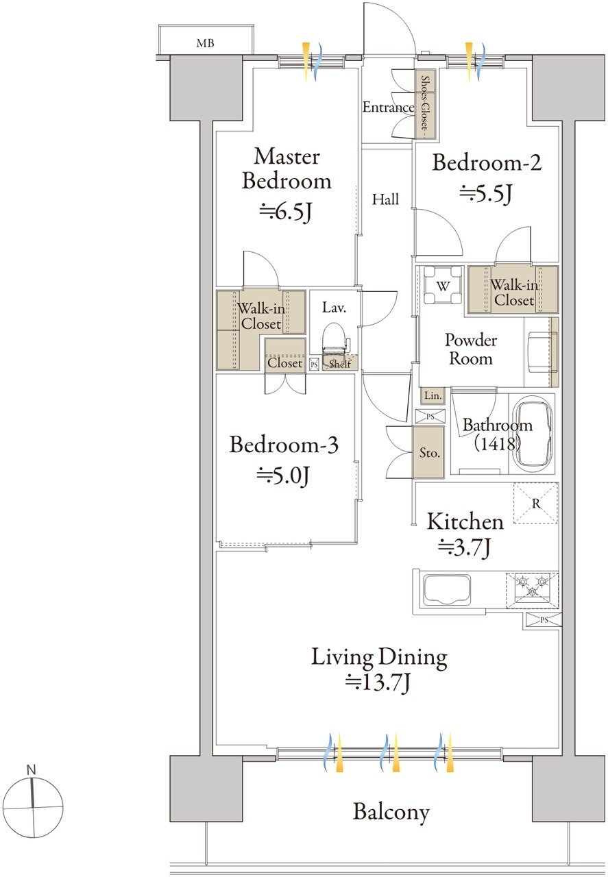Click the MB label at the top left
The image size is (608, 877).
tap(205, 43)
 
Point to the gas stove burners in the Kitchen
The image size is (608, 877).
tap(532, 590)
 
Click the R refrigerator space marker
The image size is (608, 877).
tap(535, 503)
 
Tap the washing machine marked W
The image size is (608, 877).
tap(443, 285)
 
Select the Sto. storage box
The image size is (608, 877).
tap(428, 452)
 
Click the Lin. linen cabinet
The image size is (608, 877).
tap(433, 395)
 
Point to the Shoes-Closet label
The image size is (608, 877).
tap(425, 103)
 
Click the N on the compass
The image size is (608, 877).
tap(31, 769)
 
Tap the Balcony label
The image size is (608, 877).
tap(391, 813)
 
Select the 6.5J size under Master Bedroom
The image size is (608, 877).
tap(285, 212)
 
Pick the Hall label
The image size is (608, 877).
tap(385, 199)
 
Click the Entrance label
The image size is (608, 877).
tap(388, 107)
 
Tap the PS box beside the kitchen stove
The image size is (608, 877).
tap(544, 619)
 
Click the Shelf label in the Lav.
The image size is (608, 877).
tap(340, 364)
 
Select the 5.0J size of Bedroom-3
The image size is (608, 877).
tap(283, 476)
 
